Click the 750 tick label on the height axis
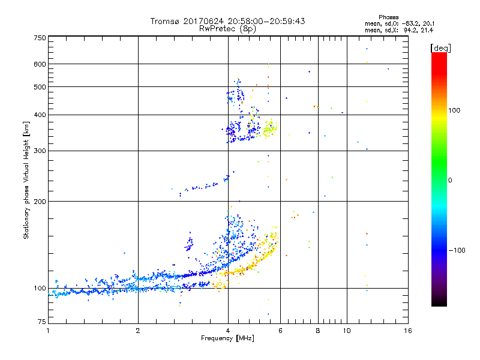coord(40,38)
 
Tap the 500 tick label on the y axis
coord(40,87)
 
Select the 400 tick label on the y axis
coord(40,115)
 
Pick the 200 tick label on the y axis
coord(40,202)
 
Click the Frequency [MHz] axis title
coord(227,338)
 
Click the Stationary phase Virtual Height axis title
coord(26,180)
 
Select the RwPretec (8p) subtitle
coord(227,28)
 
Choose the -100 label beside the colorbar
coord(457,250)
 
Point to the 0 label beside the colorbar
coord(451,180)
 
